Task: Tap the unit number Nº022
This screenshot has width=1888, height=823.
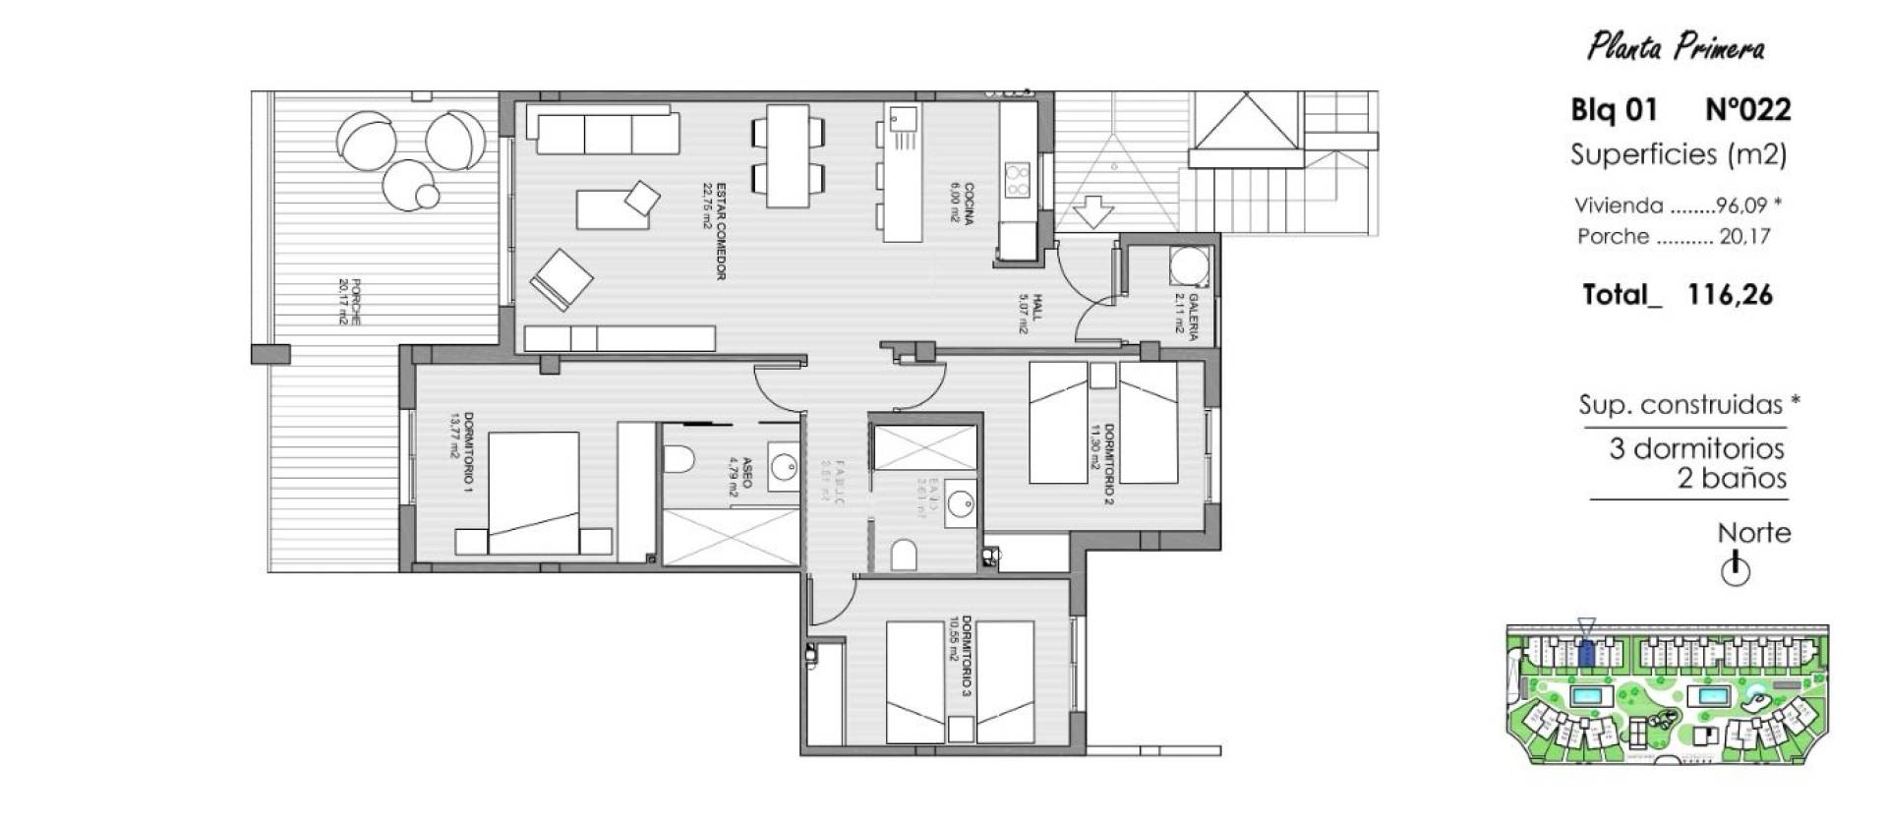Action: tap(1747, 109)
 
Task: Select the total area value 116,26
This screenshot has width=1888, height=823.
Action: tap(1730, 294)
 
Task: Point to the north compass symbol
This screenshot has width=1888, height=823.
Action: tap(1736, 570)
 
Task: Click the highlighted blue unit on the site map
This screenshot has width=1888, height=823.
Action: tap(1585, 653)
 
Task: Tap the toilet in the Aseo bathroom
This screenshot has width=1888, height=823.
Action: tap(679, 458)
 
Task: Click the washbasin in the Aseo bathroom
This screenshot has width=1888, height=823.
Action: tap(783, 465)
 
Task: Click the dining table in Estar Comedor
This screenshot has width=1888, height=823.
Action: tap(788, 156)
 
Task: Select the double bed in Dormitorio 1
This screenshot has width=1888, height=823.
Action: tap(533, 493)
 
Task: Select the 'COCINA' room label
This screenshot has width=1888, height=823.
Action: tap(968, 205)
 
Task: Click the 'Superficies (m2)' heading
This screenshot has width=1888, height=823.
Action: tap(1678, 154)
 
